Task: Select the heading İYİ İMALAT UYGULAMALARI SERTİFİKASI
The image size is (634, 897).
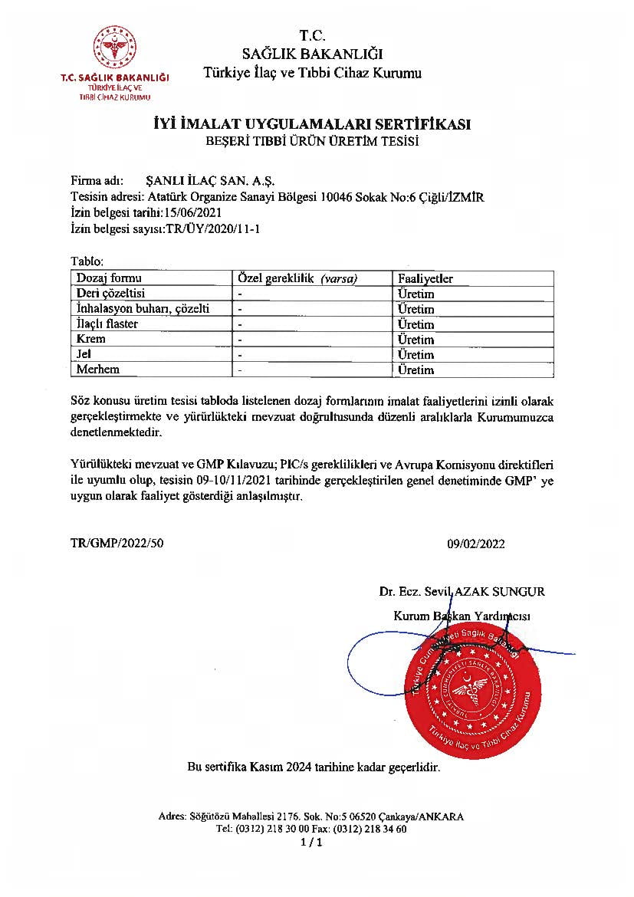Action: (310, 125)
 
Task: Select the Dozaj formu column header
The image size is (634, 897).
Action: (109, 278)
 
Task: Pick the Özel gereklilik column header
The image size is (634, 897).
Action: (298, 278)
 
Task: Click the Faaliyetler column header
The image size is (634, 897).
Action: (425, 278)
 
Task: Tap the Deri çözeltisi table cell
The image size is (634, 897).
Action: (111, 294)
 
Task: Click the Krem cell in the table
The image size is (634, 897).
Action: (91, 339)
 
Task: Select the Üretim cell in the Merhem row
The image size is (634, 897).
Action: (416, 370)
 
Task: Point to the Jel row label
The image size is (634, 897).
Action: (84, 354)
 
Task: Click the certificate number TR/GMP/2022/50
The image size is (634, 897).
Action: (117, 544)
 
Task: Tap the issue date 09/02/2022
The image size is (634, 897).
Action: (476, 544)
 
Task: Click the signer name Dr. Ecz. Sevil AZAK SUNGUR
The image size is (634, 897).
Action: (462, 591)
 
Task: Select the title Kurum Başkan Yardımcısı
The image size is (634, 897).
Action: (462, 616)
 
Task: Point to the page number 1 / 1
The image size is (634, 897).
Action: (312, 843)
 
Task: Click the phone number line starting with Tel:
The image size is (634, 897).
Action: (311, 829)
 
